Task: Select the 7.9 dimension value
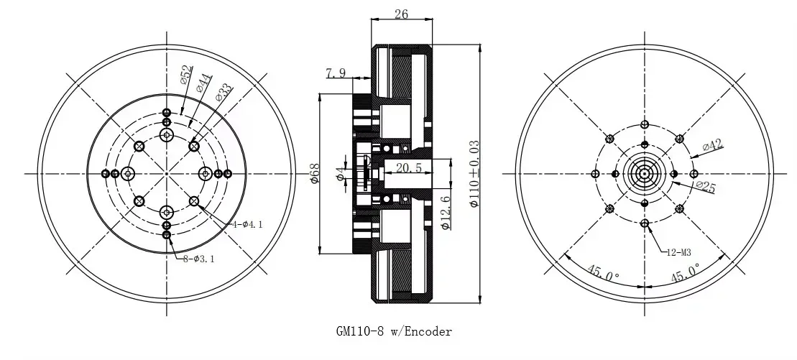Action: coord(337,73)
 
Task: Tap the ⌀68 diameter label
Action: coord(314,174)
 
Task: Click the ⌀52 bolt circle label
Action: coord(185,76)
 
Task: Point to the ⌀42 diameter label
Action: coord(711,146)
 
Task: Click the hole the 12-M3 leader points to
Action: coord(645,223)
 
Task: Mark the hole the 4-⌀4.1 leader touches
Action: coord(194,200)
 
